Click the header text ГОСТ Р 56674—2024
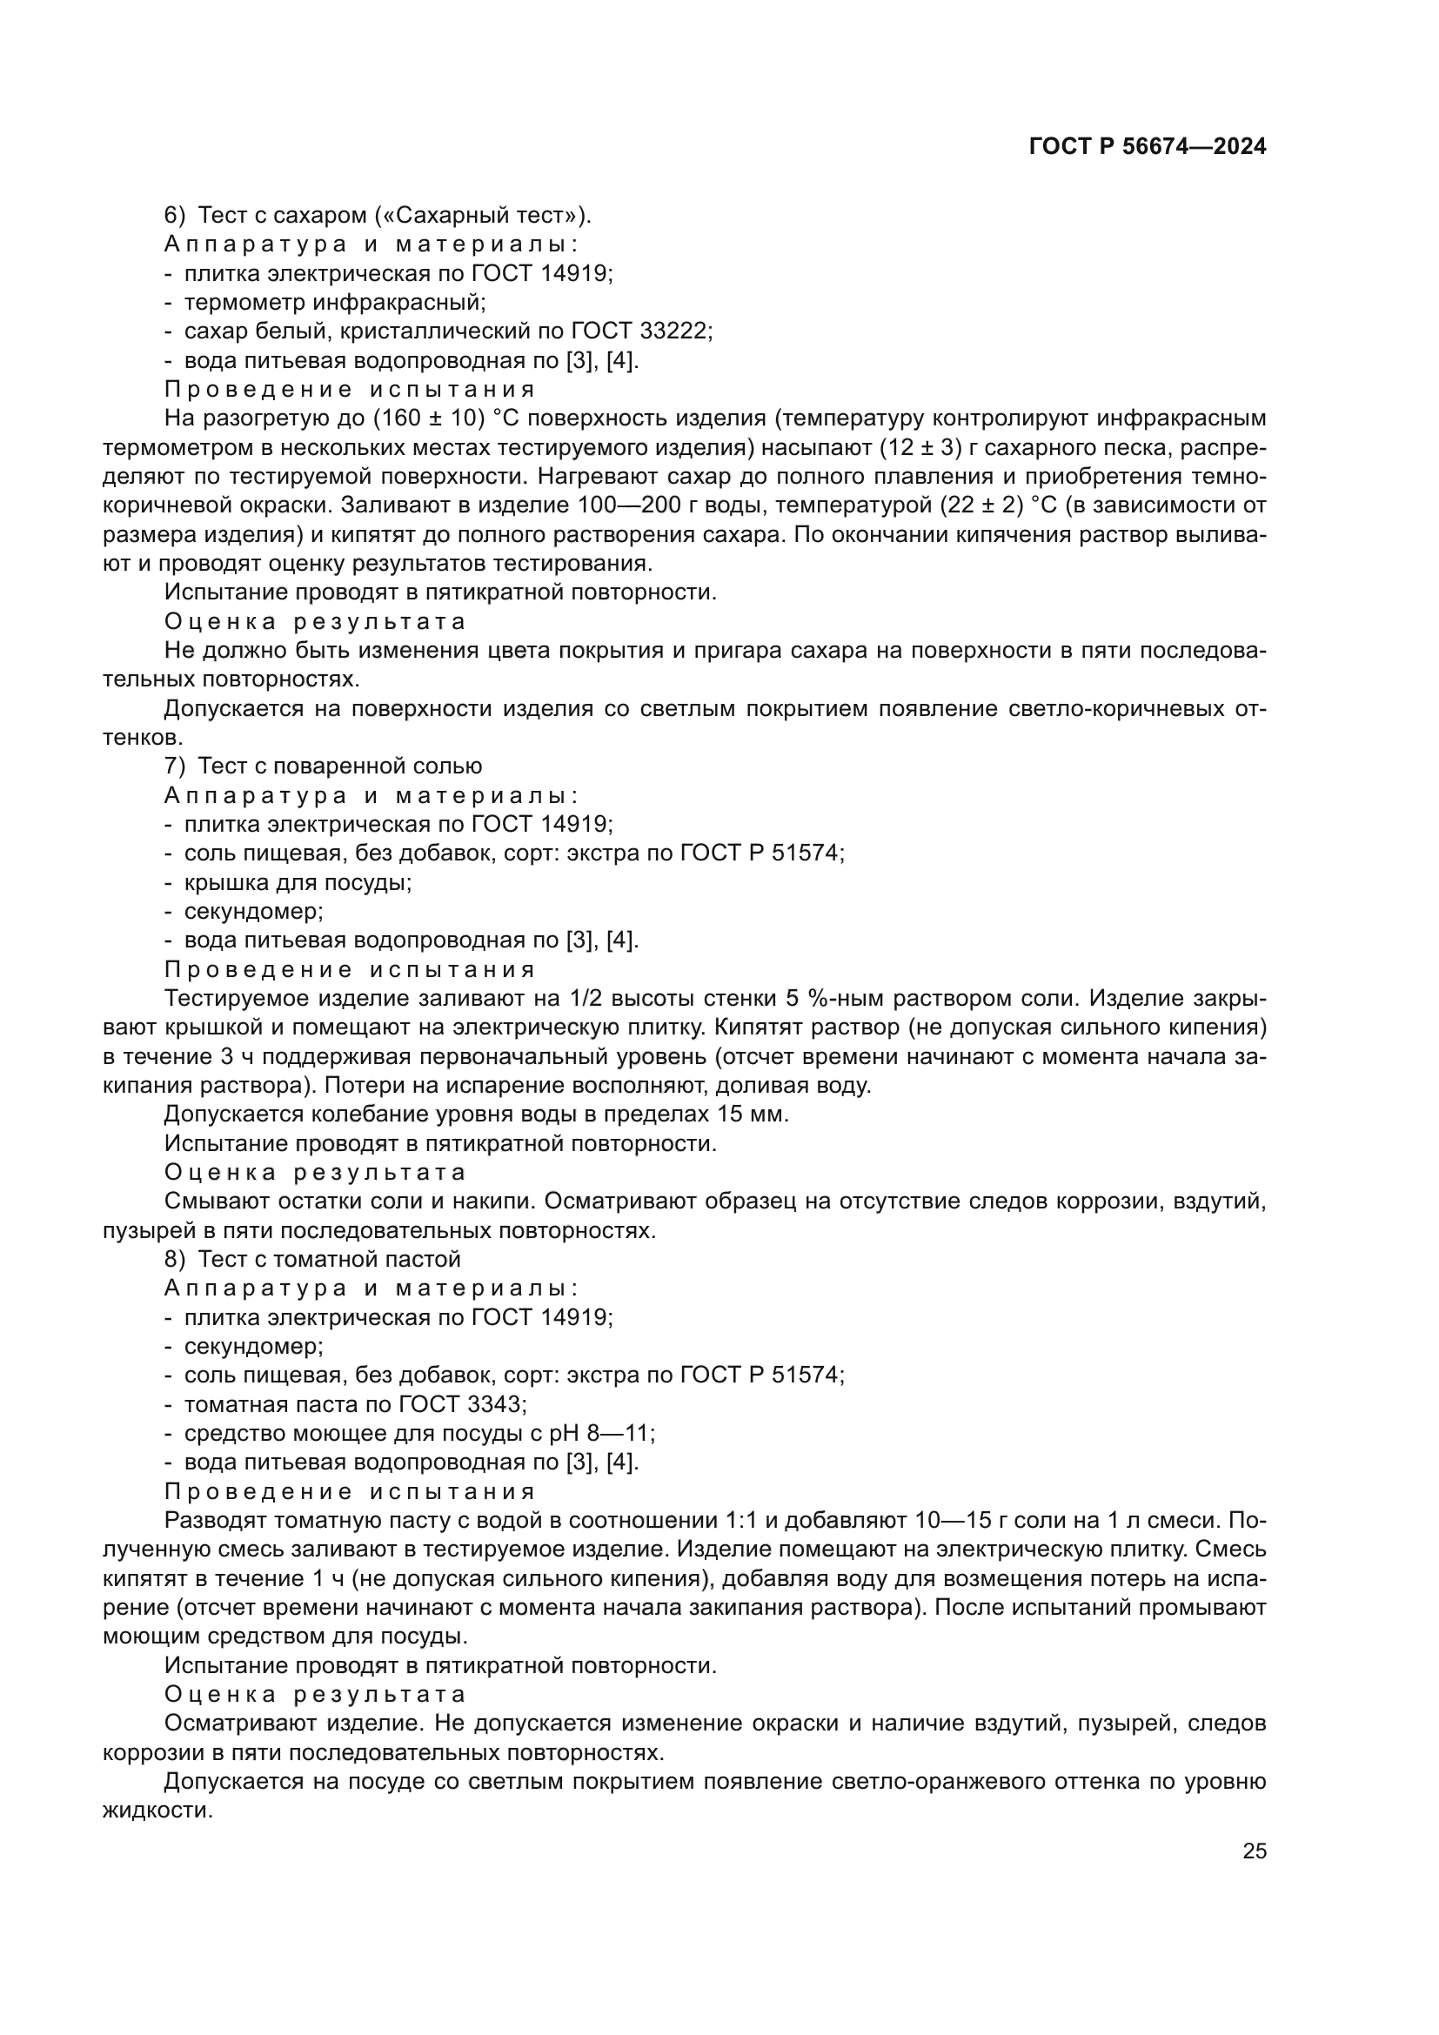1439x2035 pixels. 1148,147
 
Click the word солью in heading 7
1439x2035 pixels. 448,766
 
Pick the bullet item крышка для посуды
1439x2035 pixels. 298,882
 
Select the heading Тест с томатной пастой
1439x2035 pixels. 330,1260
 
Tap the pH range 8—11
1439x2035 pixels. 623,1433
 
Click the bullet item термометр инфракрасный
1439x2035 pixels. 334,302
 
